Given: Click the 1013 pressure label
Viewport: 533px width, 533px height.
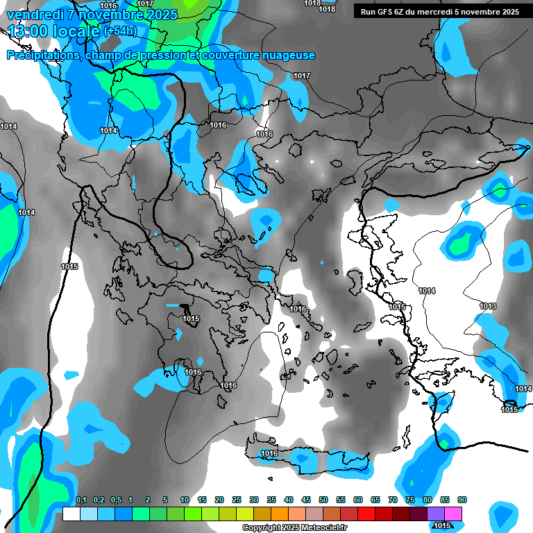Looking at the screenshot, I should point(488,306).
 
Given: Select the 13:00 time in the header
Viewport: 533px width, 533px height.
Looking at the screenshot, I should point(28,31).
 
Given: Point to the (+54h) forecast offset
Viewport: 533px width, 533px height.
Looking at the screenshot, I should point(120,31).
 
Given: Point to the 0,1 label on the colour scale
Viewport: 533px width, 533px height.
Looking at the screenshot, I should point(81,500).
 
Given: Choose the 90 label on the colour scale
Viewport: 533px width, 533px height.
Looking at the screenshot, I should point(462,500).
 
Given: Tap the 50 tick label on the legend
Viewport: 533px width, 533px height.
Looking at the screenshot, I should point(323,500).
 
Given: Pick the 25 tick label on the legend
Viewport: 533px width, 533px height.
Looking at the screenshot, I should point(237,500).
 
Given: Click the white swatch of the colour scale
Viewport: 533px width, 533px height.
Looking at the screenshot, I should point(71,514).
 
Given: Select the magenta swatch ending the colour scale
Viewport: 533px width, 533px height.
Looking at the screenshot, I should point(454,514).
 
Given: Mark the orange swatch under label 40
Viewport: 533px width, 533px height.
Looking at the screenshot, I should point(280,514).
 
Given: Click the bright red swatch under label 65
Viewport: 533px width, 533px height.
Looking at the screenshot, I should point(366,514).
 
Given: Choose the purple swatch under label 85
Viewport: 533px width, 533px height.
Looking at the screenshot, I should point(436,514).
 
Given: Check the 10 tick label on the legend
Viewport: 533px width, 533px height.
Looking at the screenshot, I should point(185,500).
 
